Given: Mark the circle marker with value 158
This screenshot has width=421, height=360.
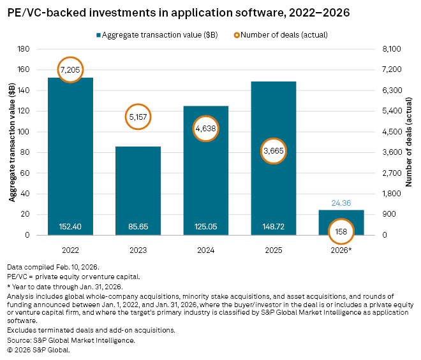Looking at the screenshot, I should [341, 231].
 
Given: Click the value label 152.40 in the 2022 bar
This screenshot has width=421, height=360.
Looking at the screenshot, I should [70, 226].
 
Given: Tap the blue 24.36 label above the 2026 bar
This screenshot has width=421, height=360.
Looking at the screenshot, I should [341, 204].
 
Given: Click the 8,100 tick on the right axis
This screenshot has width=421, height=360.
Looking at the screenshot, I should [393, 49].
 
